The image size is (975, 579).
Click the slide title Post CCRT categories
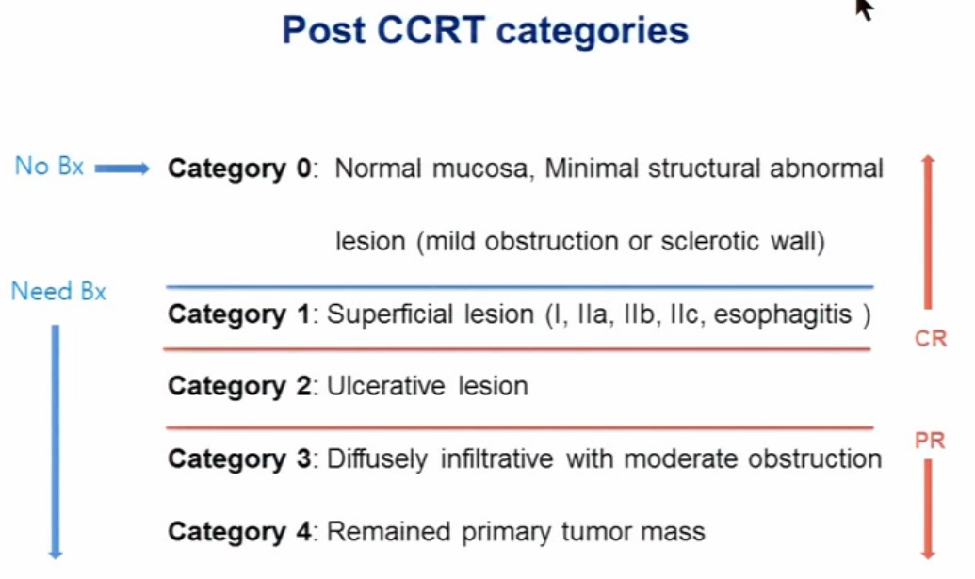click(x=485, y=31)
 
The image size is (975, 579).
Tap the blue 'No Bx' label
click(x=49, y=167)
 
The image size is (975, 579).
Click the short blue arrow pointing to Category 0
click(x=122, y=168)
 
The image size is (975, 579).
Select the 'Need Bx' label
click(x=59, y=291)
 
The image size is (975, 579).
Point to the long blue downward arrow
click(x=56, y=442)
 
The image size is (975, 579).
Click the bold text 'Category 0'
click(x=239, y=169)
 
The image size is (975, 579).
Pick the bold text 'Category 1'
click(x=238, y=314)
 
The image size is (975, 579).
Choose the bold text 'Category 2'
click(x=239, y=386)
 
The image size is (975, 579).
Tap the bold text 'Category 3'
click(x=239, y=459)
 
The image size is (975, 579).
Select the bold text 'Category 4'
click(x=239, y=532)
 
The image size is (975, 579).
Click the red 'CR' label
click(x=930, y=339)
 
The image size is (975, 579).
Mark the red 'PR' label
click(x=930, y=441)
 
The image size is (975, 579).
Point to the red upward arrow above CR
click(x=928, y=232)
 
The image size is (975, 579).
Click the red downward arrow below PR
click(x=928, y=509)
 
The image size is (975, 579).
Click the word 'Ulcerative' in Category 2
click(x=386, y=386)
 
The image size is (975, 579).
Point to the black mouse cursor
click(x=863, y=8)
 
